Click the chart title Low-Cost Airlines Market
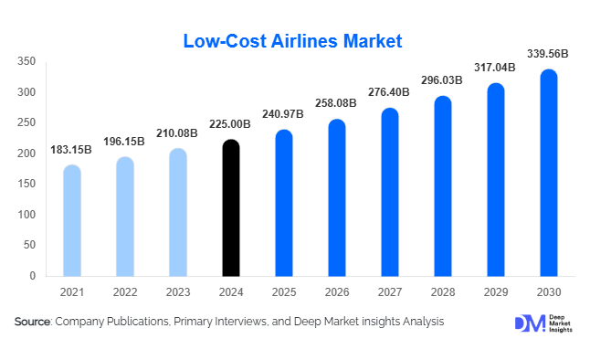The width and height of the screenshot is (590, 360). [x=293, y=41]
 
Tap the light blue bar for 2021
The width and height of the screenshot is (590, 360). [x=72, y=220]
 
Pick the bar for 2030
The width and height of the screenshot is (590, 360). [x=549, y=173]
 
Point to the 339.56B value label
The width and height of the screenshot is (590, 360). [x=548, y=54]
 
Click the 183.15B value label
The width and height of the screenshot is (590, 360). [x=72, y=149]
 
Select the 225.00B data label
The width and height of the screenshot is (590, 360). [x=231, y=124]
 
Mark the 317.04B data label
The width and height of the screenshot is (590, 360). [x=495, y=68]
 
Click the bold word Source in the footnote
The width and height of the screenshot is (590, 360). [x=33, y=322]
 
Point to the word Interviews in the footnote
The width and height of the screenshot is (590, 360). [x=240, y=322]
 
